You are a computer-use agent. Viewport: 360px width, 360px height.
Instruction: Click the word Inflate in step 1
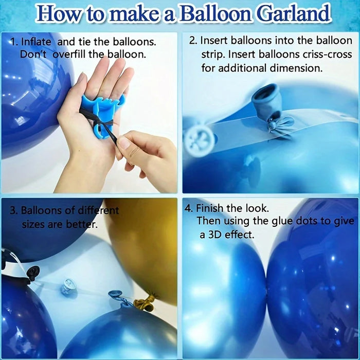[36, 42]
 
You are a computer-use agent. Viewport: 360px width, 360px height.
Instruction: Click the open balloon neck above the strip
[266, 98]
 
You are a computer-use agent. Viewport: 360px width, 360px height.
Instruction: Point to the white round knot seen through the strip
[200, 139]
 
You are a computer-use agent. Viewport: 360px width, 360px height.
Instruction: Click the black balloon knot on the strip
[32, 274]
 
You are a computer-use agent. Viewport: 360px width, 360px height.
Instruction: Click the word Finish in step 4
[209, 208]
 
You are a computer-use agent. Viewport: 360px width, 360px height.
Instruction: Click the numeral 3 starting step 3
[12, 210]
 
